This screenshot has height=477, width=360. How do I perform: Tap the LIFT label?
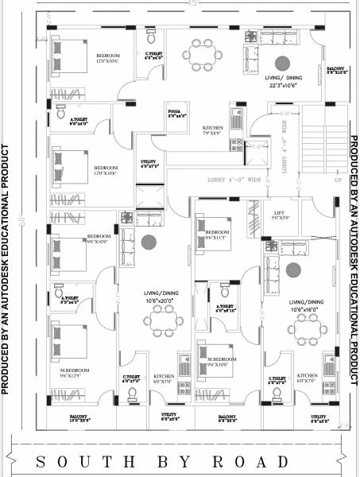coord(279,214)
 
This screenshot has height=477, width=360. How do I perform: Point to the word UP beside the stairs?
coord(338,180)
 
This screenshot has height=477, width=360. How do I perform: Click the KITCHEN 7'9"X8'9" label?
coord(212,130)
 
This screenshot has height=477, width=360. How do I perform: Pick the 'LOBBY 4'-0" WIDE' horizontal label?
coord(235,180)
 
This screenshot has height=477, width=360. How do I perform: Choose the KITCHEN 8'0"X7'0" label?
coord(165,378)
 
